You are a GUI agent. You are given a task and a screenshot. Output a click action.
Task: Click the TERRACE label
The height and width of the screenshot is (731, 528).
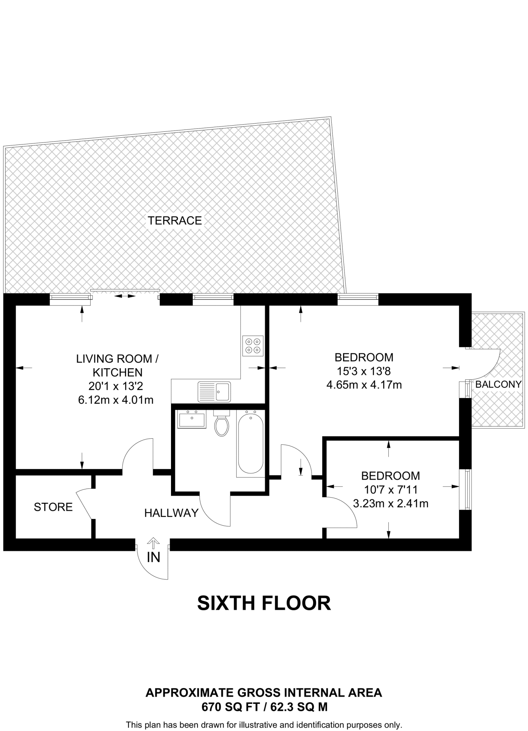point(175,221)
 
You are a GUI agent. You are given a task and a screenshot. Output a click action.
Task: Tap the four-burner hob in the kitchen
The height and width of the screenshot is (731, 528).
point(253,346)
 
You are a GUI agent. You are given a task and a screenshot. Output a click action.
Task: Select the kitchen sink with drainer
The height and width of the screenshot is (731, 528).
point(215,392)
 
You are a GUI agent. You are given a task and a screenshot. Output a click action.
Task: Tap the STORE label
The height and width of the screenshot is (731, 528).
point(53,507)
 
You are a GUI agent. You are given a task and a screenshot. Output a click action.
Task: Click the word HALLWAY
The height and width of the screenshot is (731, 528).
point(171,513)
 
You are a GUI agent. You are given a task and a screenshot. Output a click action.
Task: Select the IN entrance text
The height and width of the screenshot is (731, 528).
point(154,557)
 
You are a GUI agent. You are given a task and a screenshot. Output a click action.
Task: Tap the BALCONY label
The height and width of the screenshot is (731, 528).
point(498,384)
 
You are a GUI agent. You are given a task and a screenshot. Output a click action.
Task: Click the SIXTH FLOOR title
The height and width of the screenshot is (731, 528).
point(264,603)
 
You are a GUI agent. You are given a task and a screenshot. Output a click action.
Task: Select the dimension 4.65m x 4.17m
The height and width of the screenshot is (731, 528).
point(364,385)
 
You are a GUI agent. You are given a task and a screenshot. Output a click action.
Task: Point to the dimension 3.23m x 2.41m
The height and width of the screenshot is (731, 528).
point(391,504)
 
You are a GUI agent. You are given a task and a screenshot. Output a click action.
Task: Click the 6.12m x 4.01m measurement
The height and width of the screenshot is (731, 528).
point(116,400)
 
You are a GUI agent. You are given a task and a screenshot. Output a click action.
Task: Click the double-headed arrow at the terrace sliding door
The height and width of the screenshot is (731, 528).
point(125,296)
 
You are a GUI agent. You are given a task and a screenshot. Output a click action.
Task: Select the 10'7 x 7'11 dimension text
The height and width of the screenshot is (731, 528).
point(391,490)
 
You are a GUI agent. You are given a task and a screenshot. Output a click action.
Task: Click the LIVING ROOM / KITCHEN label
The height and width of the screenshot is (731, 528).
point(117,365)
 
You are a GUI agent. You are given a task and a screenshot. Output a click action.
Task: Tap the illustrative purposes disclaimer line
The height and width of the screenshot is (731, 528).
point(264,725)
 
